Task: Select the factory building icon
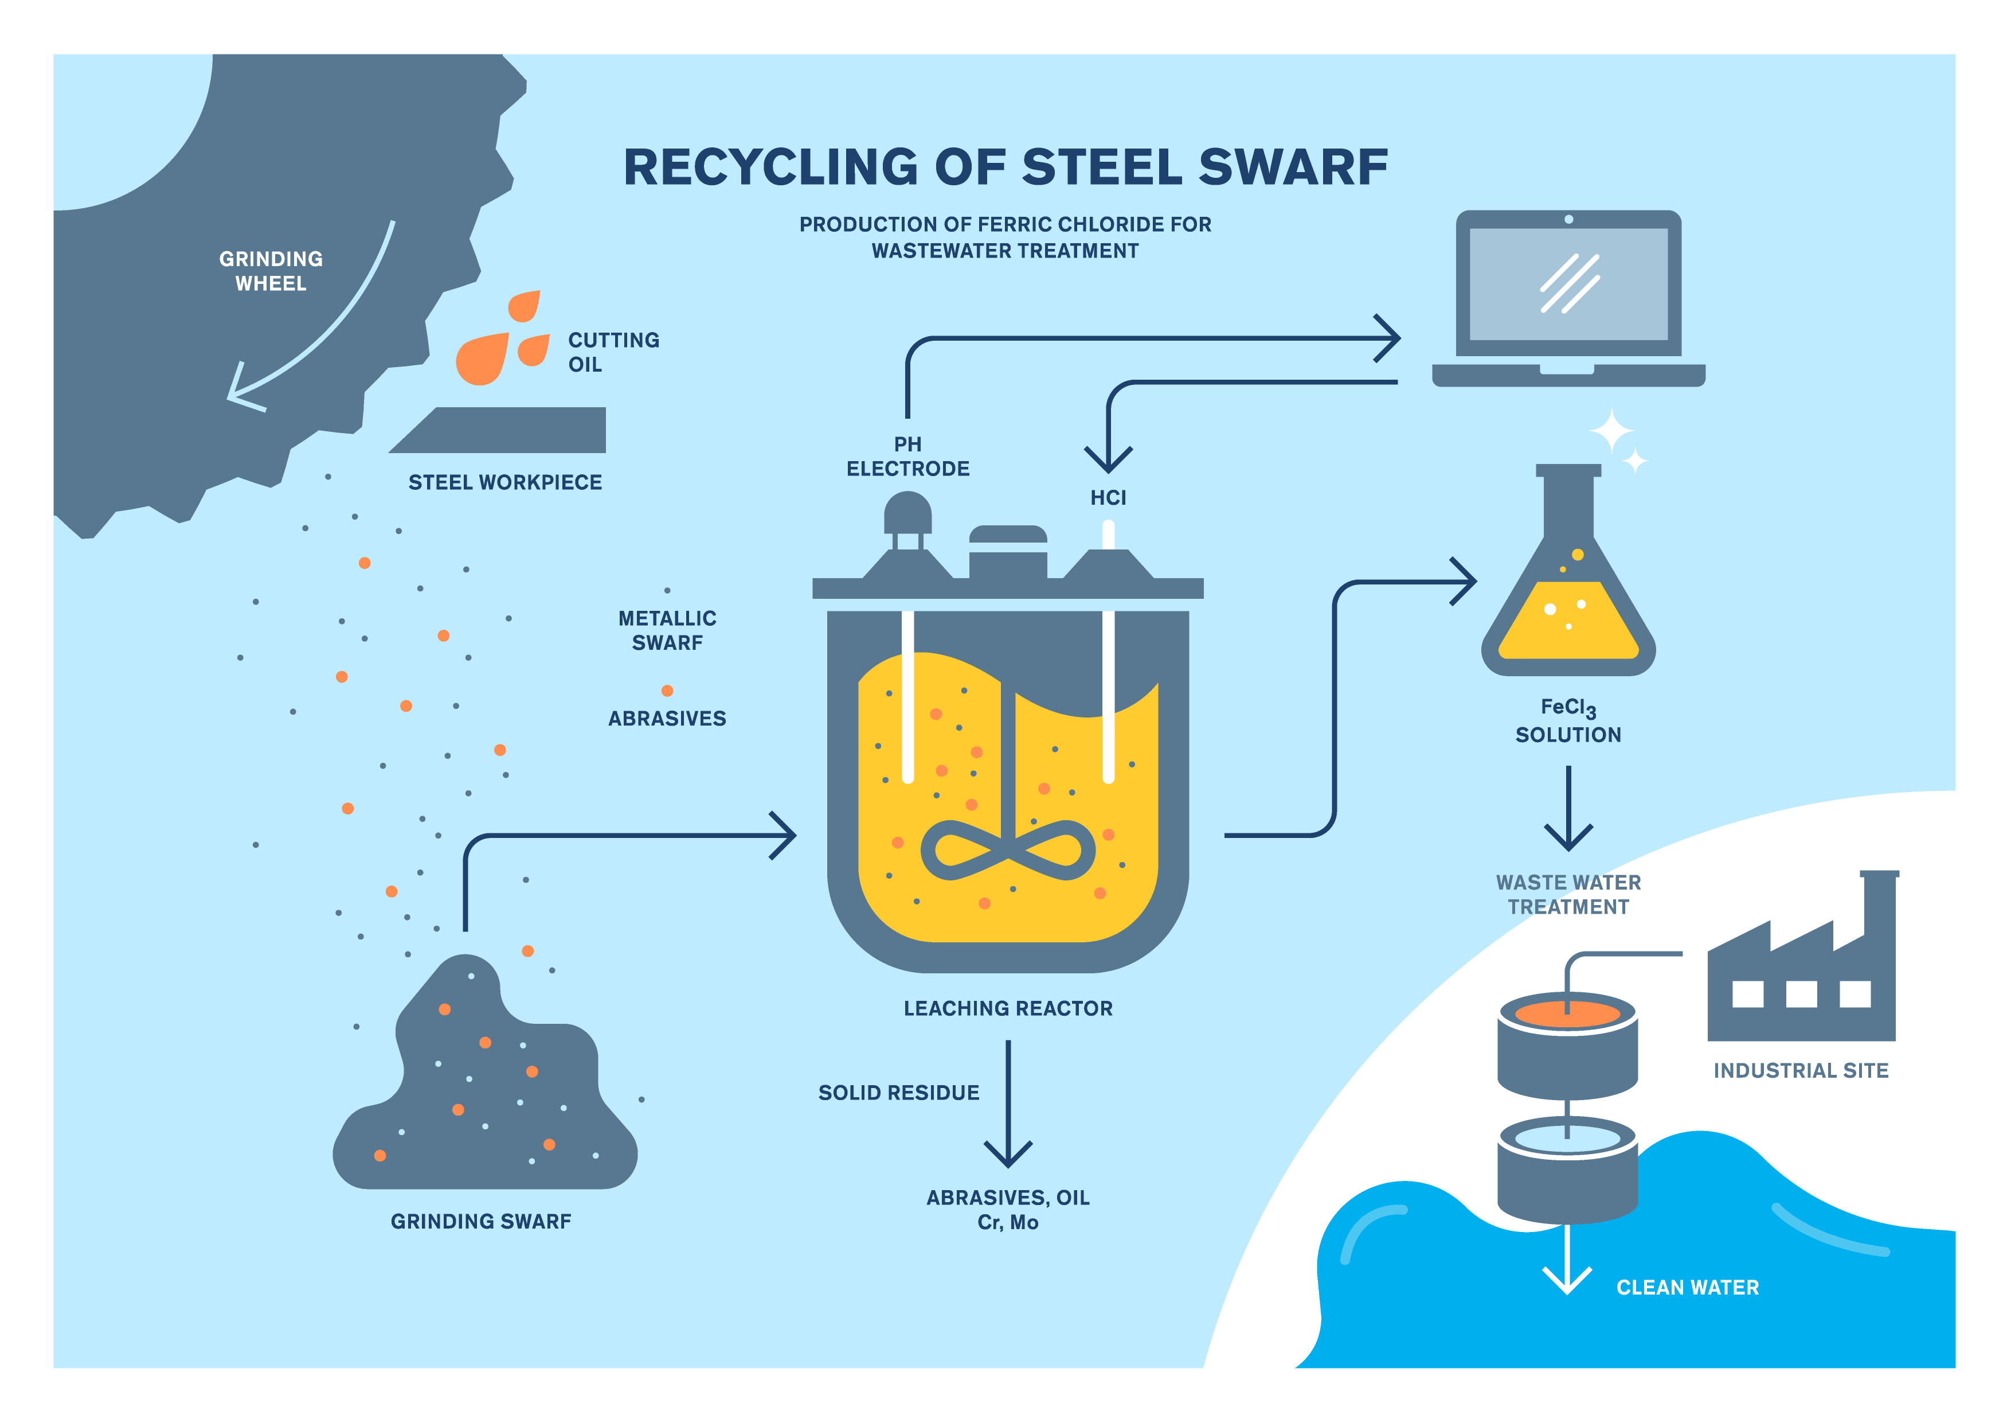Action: click(1802, 973)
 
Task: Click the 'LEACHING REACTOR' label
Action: click(1008, 1008)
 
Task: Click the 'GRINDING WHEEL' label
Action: click(271, 271)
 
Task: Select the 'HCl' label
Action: click(1108, 498)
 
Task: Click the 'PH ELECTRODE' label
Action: click(907, 457)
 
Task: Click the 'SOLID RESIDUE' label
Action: click(899, 1093)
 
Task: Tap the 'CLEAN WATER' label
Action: click(1687, 1287)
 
